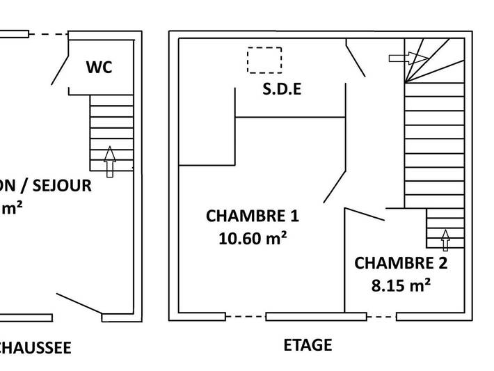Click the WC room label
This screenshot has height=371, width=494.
(99, 68)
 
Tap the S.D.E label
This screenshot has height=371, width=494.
(281, 90)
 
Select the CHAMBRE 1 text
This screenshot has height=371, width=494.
(253, 216)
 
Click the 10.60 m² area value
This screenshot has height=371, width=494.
(253, 238)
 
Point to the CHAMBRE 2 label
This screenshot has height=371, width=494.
(401, 263)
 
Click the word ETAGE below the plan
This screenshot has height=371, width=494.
(308, 345)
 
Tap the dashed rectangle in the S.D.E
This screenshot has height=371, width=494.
(264, 60)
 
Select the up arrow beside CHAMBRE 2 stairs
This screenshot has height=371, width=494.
(445, 239)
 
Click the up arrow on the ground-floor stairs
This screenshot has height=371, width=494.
(109, 161)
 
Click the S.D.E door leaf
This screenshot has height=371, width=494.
(356, 58)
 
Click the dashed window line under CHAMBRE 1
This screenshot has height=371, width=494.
(246, 317)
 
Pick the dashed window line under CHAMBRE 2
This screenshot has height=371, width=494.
(381, 317)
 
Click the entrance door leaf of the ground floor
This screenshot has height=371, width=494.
(79, 303)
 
